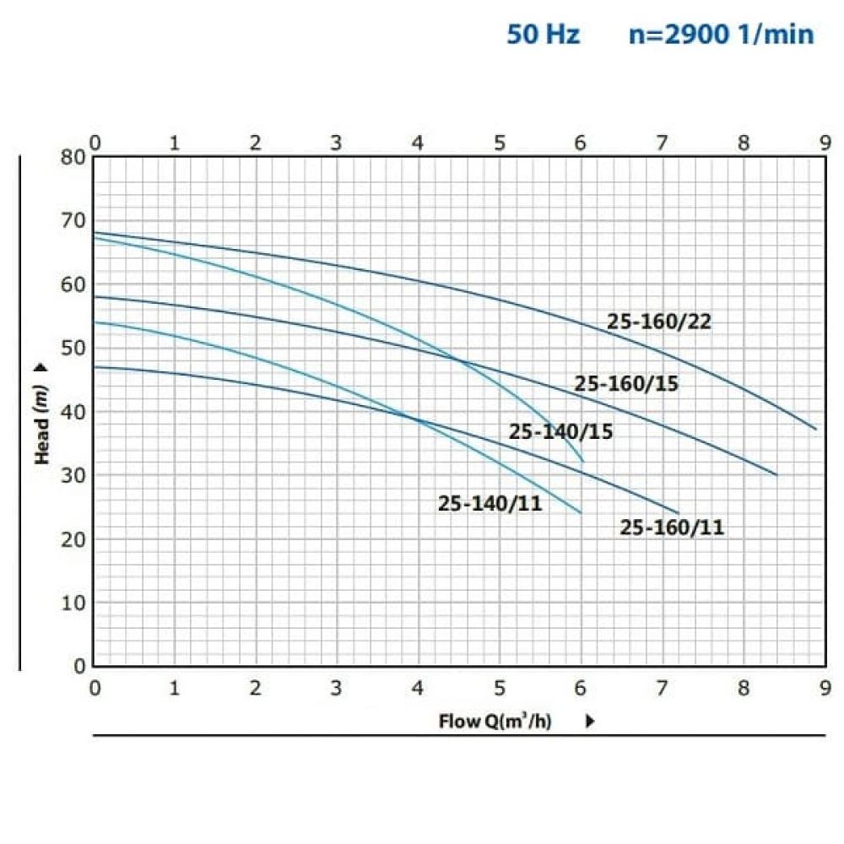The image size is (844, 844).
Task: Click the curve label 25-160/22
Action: click(659, 322)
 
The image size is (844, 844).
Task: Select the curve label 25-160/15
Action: click(626, 383)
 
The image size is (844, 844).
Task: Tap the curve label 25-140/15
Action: click(560, 432)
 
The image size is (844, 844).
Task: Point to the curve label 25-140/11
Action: click(490, 504)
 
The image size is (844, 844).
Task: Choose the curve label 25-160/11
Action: click(672, 527)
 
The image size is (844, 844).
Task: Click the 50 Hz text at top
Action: click(543, 35)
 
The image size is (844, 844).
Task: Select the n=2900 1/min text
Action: click(722, 35)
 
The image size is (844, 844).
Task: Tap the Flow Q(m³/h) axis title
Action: click(495, 722)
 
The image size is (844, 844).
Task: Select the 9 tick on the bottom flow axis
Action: click(823, 688)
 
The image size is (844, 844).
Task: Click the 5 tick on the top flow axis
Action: click(499, 143)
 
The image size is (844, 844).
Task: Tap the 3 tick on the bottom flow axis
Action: click(337, 688)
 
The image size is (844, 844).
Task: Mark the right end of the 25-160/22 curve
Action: click(816, 430)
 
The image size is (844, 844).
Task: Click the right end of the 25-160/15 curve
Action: click(776, 475)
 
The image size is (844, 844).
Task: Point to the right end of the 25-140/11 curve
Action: click(581, 512)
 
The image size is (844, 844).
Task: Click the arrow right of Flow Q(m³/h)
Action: click(591, 722)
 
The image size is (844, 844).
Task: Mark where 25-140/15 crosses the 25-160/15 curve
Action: click(457, 360)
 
